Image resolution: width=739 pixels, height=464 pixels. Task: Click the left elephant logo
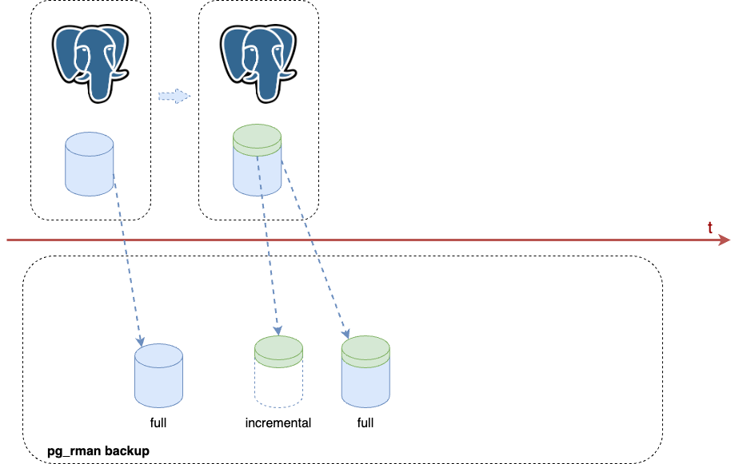90,63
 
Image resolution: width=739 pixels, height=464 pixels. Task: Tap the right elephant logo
258,63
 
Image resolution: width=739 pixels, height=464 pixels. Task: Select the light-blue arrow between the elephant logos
174,96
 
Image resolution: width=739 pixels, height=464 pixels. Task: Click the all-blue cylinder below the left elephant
89,165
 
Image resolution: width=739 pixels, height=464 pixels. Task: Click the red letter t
710,228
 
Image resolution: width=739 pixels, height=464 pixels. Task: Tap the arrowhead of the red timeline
725,240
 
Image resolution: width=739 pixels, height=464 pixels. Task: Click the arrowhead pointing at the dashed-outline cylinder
278,330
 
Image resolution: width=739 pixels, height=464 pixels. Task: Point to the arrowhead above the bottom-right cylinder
346,333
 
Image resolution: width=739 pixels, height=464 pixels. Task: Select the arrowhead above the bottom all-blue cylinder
141,341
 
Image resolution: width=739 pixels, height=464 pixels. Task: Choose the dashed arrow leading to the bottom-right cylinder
314,248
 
